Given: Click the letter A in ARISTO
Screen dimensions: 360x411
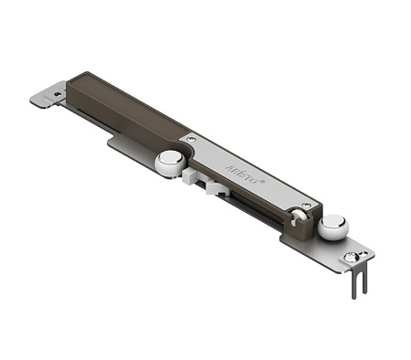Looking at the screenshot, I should [x=228, y=167].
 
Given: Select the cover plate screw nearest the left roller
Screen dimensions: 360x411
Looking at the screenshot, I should [x=190, y=139].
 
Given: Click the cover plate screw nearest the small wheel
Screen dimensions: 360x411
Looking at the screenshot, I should [x=306, y=205].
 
